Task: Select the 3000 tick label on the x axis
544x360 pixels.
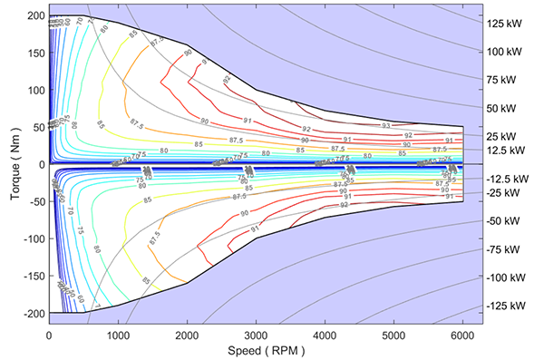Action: click(x=257, y=334)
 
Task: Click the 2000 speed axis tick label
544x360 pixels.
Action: click(x=188, y=334)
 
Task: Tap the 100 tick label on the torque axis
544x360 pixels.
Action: click(x=35, y=91)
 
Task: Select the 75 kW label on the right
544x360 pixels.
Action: click(x=505, y=79)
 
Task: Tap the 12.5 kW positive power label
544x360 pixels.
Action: click(x=508, y=150)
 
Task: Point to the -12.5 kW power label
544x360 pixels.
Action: click(x=510, y=179)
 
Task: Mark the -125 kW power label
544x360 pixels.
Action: click(x=510, y=306)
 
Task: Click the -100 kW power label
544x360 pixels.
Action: click(x=510, y=277)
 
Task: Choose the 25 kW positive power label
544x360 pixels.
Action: click(x=505, y=136)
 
